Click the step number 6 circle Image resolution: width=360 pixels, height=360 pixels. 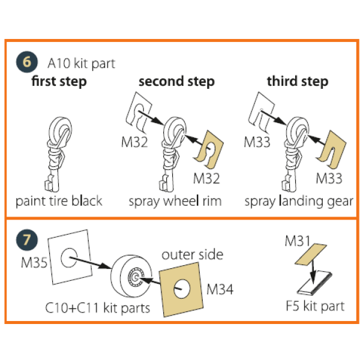tap(26, 62)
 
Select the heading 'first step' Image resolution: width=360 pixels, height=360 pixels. tap(59, 82)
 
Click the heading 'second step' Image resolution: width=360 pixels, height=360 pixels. tap(176, 82)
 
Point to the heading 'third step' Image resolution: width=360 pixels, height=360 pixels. tap(298, 82)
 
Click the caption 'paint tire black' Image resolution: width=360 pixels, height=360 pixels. tap(59, 201)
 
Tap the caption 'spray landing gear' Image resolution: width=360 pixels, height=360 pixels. tap(299, 201)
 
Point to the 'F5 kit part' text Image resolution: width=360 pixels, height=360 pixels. tap(314, 306)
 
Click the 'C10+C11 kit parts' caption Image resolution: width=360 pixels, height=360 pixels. tap(98, 308)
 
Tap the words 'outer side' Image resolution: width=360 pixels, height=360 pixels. tap(192, 254)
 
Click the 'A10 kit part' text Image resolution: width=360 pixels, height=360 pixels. tap(81, 63)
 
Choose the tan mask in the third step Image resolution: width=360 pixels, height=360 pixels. tap(332, 152)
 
